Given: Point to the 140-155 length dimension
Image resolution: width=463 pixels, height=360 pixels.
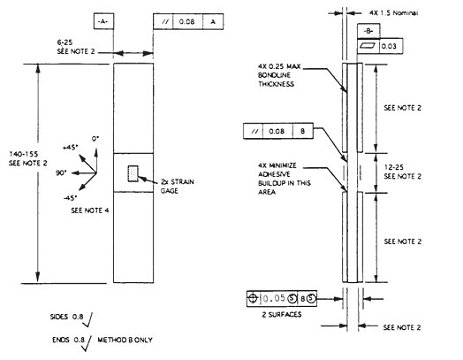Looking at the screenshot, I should (x=21, y=156).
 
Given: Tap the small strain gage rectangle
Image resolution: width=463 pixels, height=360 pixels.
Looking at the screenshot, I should (x=136, y=174).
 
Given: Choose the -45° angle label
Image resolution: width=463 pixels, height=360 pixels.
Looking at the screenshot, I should (x=70, y=197).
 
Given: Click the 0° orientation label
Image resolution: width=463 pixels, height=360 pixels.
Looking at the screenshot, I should (x=95, y=136).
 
